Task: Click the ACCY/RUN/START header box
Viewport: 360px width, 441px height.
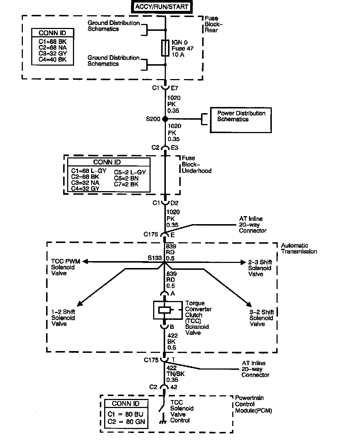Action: (162, 7)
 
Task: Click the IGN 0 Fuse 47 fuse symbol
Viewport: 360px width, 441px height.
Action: (165, 48)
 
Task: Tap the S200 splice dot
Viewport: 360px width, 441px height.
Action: (165, 119)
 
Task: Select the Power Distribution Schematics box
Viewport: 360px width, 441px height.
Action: (241, 120)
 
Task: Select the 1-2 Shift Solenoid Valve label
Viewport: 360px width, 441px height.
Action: (63, 318)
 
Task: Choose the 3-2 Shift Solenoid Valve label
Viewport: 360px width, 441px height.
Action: (262, 318)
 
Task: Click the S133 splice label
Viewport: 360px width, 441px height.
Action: (155, 258)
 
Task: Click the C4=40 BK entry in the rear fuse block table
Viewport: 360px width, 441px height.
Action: (53, 60)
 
